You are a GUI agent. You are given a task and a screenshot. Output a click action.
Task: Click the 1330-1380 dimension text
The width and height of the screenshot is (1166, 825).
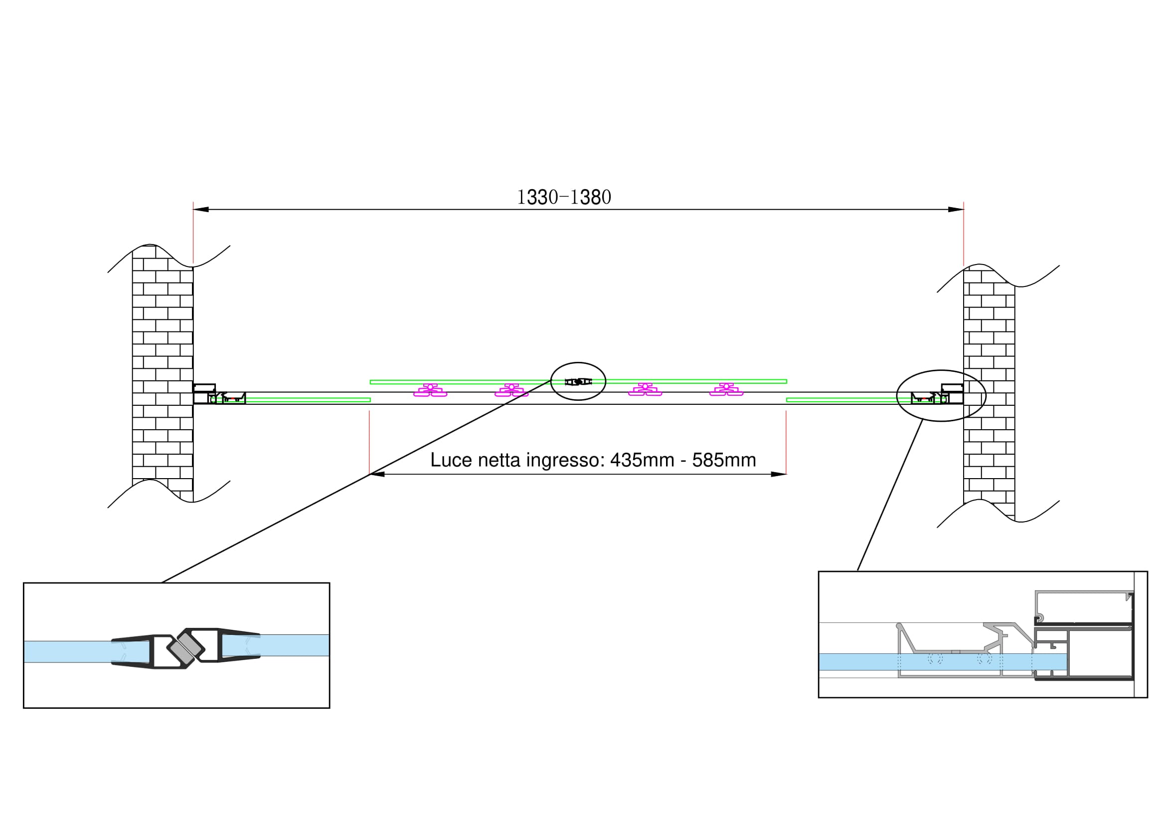coord(564,197)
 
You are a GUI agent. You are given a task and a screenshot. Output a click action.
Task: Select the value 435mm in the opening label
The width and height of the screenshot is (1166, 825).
coord(642,460)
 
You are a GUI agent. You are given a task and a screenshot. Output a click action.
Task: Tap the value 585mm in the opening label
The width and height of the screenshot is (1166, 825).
coord(724,460)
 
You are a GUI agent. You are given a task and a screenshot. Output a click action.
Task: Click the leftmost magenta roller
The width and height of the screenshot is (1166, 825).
coord(430,390)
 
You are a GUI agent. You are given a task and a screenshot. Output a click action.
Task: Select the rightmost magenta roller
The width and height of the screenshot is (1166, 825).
coord(726,390)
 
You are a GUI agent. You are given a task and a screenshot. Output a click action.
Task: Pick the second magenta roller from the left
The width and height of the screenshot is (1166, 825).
coord(511,390)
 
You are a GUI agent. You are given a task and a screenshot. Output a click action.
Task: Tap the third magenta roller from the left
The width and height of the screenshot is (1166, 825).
coord(645,390)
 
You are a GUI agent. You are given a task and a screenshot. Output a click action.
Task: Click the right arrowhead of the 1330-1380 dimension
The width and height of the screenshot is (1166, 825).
coord(956,210)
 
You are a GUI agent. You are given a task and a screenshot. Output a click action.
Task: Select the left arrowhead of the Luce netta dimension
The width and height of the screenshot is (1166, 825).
coord(377,474)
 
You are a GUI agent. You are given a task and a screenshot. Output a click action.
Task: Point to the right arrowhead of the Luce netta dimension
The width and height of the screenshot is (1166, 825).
coord(779,474)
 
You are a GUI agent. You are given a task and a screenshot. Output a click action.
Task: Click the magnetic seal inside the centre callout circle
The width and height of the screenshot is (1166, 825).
coord(578,381)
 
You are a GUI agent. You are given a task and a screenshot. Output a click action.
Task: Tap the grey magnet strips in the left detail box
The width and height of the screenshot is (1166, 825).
coord(186,648)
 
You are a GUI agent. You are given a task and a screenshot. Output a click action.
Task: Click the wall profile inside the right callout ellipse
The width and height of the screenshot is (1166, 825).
coord(951,394)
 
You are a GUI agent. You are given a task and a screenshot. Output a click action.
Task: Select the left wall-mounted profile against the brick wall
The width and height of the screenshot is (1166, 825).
coord(205,394)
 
